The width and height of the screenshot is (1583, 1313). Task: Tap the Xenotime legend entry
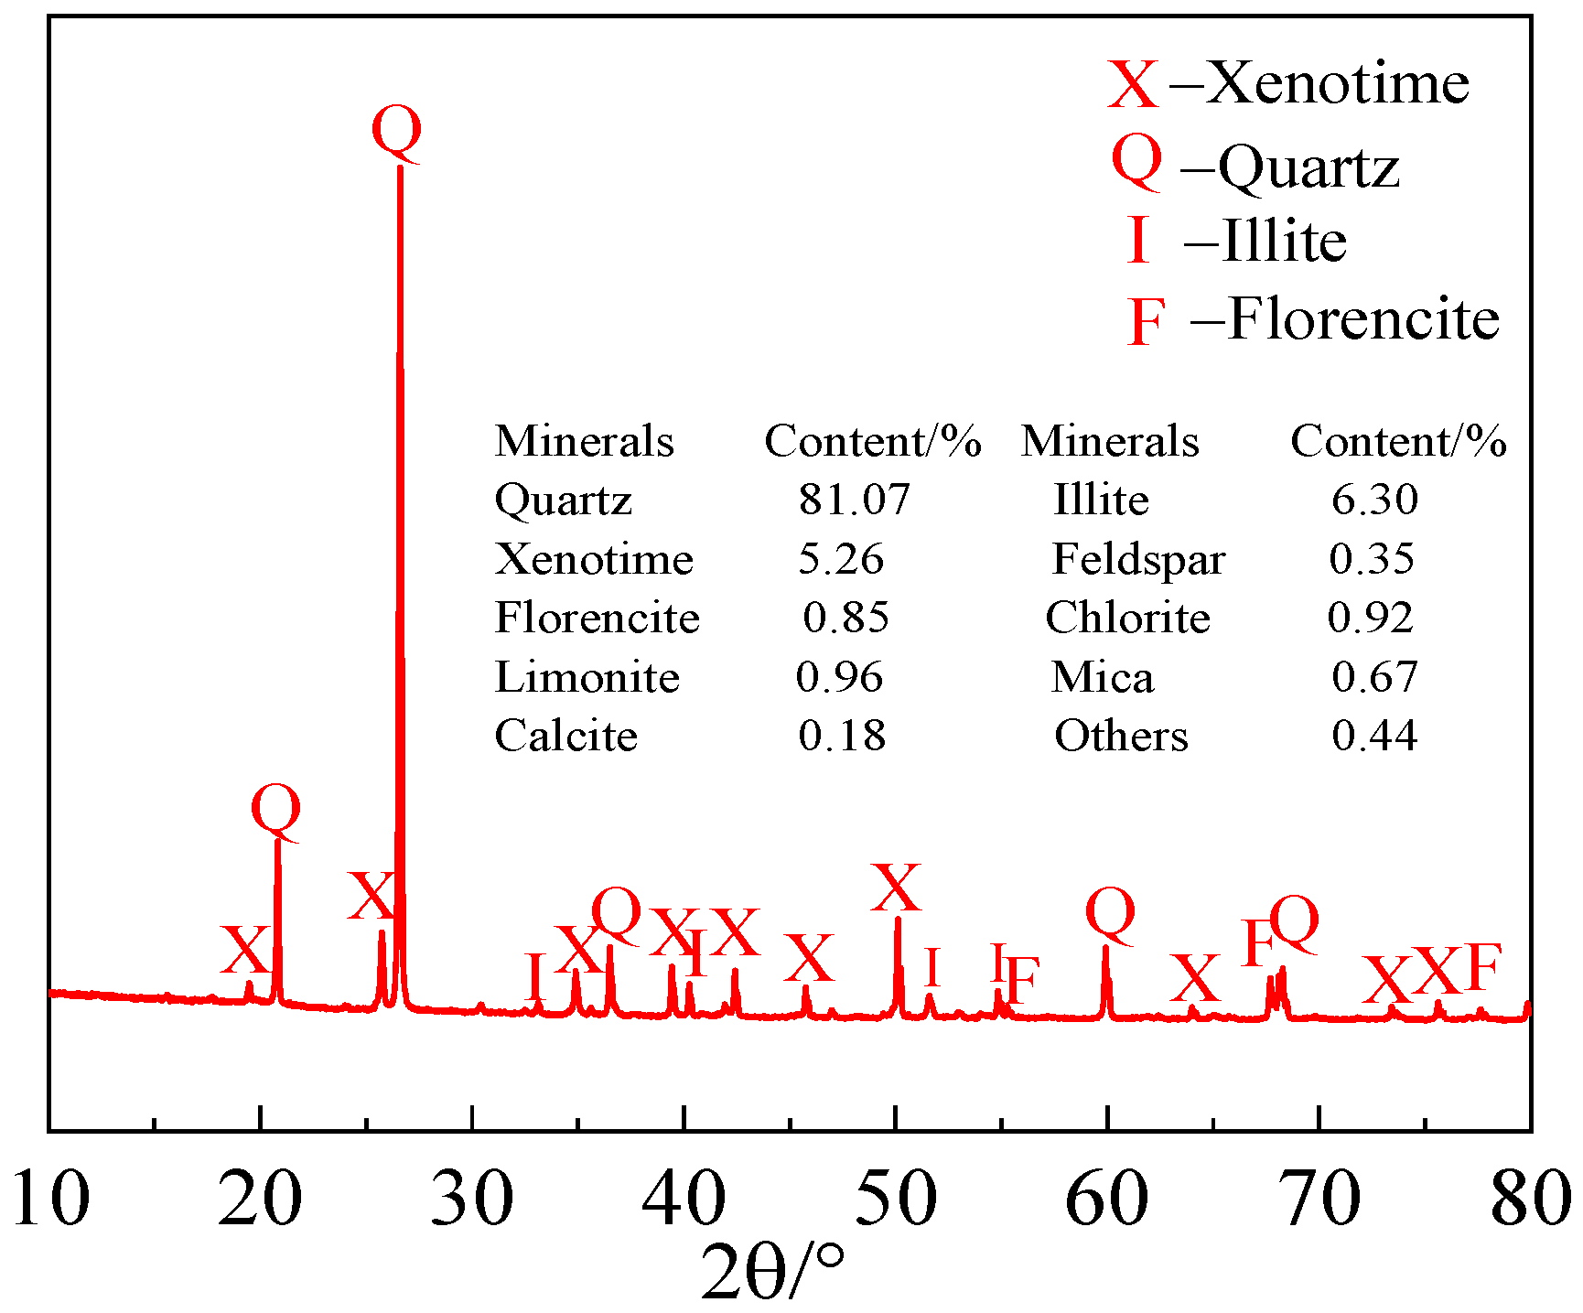pos(1289,83)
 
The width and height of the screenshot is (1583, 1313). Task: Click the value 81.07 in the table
pos(855,500)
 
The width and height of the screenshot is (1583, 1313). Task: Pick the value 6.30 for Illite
pos(1374,500)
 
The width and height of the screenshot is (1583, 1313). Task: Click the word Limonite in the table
pos(587,678)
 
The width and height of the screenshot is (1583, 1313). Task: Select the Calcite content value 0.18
pos(842,736)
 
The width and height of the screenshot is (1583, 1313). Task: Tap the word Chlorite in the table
pos(1127,618)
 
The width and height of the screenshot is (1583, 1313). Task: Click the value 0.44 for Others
pos(1374,736)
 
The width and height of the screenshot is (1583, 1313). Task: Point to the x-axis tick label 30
pos(471,1199)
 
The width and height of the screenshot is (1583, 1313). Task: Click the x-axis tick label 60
pos(1106,1199)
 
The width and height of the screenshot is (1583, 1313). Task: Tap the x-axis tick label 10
pos(51,1199)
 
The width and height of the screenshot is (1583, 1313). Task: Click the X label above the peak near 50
pos(896,888)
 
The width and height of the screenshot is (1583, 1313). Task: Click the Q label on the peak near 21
pos(275,812)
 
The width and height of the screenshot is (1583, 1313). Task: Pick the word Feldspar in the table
pos(1138,559)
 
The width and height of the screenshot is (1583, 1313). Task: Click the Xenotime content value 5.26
pos(842,559)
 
